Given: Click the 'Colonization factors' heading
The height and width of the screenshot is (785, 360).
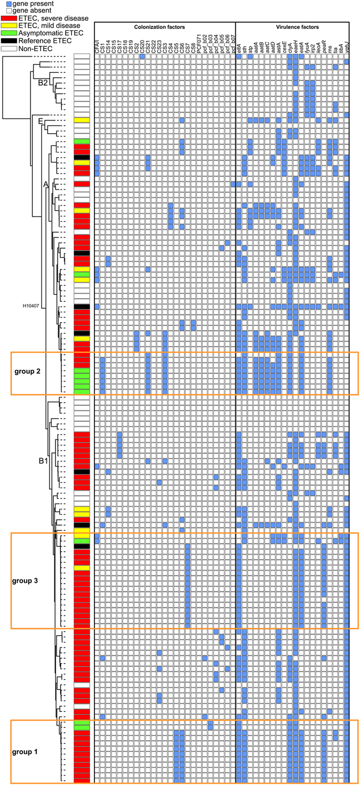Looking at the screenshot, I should tap(165, 26).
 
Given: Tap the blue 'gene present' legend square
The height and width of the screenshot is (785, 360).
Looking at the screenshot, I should tap(4, 3).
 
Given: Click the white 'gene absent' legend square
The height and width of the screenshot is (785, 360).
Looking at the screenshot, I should tap(4, 10).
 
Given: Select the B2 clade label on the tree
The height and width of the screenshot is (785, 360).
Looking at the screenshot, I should tap(43, 83).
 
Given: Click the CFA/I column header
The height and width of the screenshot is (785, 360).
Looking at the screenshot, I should tap(97, 48).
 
